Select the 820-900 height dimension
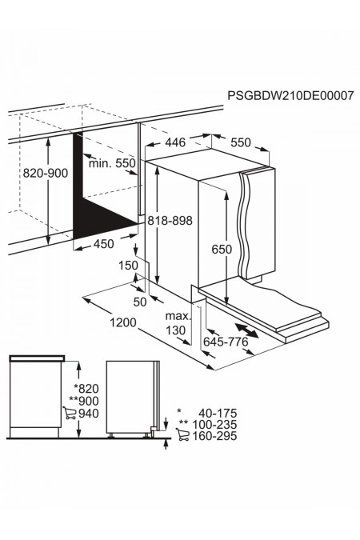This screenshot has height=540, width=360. (24, 171)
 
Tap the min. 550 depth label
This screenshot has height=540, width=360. (111, 163)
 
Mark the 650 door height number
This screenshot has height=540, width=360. (222, 249)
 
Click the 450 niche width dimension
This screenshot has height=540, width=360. (103, 244)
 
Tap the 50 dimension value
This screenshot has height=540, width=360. (141, 301)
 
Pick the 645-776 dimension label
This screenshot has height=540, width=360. (226, 342)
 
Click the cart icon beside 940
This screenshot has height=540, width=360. (69, 414)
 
